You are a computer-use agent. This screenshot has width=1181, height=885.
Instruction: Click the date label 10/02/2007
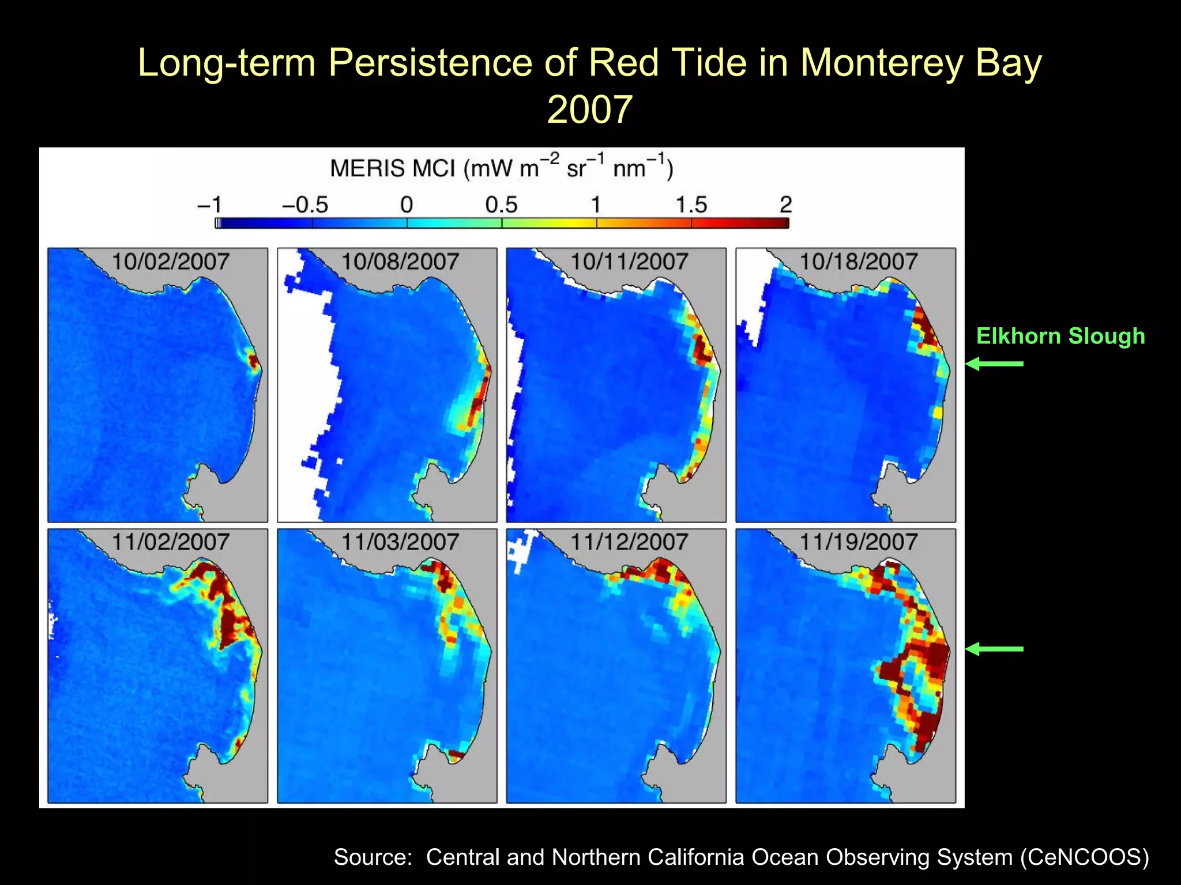pyautogui.click(x=170, y=262)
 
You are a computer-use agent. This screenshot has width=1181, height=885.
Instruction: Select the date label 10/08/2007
pyautogui.click(x=400, y=262)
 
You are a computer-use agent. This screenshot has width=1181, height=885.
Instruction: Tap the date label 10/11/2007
pyautogui.click(x=629, y=262)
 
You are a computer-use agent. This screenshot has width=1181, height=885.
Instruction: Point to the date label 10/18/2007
pyautogui.click(x=858, y=262)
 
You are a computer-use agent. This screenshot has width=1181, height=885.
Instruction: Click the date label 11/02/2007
pyautogui.click(x=170, y=542)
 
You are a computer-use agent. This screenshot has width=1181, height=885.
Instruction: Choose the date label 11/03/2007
pyautogui.click(x=400, y=542)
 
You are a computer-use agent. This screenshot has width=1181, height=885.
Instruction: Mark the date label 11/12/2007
pyautogui.click(x=629, y=542)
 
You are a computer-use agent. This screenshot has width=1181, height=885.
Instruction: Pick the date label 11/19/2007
pyautogui.click(x=858, y=542)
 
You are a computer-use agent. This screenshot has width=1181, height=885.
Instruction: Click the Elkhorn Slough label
pyautogui.click(x=1060, y=336)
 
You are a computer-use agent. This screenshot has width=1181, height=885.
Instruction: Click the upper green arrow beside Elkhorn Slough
pyautogui.click(x=994, y=364)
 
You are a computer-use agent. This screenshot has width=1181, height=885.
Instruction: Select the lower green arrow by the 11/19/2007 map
pyautogui.click(x=994, y=649)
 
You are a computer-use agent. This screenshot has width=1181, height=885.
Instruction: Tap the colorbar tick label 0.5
pyautogui.click(x=501, y=205)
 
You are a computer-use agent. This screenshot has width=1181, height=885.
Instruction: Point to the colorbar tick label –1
pyautogui.click(x=209, y=205)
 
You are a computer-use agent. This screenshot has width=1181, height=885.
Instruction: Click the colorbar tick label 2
pyautogui.click(x=785, y=205)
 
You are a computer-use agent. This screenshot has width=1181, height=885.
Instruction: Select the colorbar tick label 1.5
pyautogui.click(x=691, y=205)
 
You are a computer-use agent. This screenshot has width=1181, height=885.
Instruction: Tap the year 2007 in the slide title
pyautogui.click(x=589, y=109)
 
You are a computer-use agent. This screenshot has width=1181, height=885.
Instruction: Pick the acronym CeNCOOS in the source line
pyautogui.click(x=1084, y=857)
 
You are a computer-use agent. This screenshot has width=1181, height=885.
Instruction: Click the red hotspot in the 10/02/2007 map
pyautogui.click(x=253, y=361)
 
